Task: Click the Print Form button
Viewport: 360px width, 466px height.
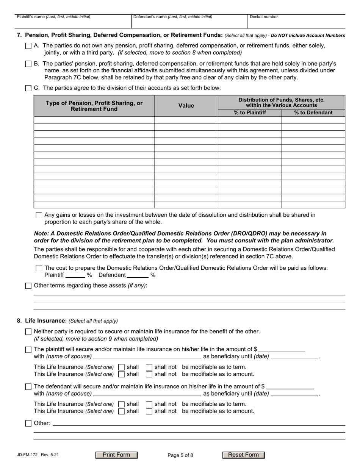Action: tap(116, 455)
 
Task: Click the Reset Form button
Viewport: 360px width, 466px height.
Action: tap(243, 455)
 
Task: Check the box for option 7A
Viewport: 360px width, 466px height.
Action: tap(28, 46)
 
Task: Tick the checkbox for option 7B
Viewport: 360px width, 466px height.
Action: tap(28, 64)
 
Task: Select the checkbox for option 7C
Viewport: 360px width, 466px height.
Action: tap(28, 88)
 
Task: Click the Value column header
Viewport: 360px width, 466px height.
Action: tap(186, 106)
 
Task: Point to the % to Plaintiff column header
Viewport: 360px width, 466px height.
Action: tap(250, 113)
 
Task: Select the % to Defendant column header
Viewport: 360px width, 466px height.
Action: tap(313, 113)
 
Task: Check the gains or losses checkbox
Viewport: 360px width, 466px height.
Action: tap(39, 215)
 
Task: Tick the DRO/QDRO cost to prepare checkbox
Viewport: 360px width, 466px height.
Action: tap(39, 268)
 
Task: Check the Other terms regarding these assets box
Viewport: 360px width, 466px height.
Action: tap(28, 286)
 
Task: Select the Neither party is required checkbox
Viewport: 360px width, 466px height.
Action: tap(28, 332)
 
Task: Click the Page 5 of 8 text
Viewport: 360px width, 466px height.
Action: tap(180, 455)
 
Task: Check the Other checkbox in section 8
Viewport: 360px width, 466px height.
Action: tap(28, 424)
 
